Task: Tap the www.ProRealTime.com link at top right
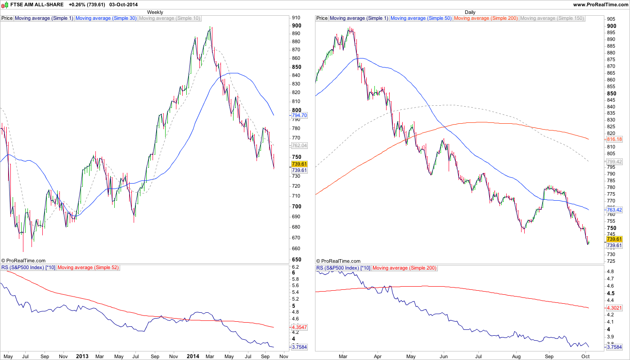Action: point(600,4)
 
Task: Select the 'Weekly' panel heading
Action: point(155,12)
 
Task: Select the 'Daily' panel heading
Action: point(470,12)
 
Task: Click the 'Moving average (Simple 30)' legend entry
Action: point(106,18)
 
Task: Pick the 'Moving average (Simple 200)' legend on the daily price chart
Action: point(486,18)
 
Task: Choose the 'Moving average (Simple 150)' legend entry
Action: point(552,18)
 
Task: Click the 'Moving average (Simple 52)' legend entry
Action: point(88,268)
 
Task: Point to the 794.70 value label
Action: point(299,115)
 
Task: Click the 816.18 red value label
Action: point(614,139)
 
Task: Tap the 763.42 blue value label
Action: point(614,210)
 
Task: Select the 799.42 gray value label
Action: point(614,162)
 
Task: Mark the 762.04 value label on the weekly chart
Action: point(299,145)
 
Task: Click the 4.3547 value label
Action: point(299,327)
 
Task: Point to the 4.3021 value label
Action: point(614,308)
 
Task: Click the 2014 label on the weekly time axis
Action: point(193,356)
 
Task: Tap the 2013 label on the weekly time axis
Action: point(82,356)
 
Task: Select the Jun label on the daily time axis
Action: point(444,356)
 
